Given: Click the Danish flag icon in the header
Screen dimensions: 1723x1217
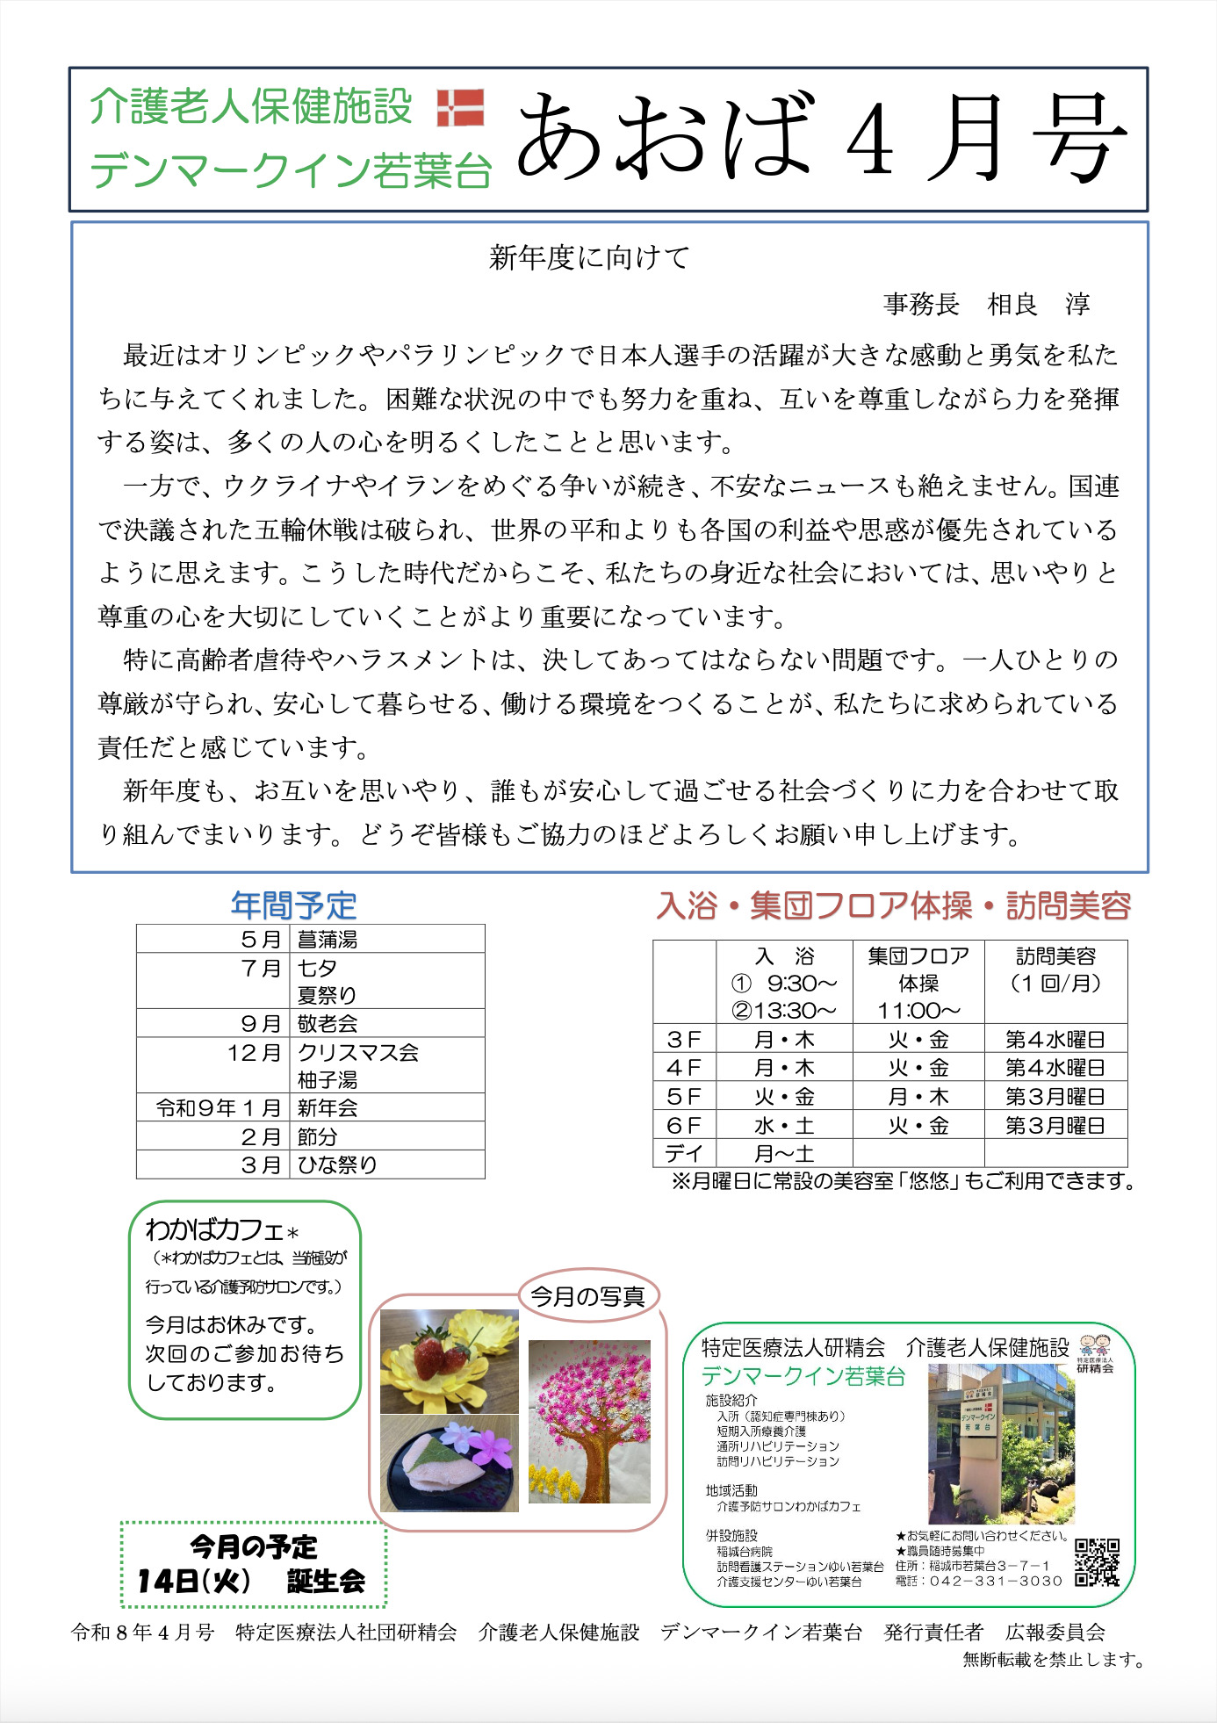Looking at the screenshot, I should (x=460, y=106).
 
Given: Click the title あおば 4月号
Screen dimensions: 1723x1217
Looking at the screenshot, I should (x=821, y=139).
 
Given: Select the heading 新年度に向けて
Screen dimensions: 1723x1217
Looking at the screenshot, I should (x=589, y=257).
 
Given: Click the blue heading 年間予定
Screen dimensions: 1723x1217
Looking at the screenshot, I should (x=293, y=905).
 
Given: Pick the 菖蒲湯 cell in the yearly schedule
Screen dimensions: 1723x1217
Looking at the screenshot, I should (x=328, y=939).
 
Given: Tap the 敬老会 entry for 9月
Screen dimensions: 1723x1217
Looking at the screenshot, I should (x=328, y=1023).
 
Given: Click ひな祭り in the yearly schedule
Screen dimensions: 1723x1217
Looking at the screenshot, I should (x=336, y=1164).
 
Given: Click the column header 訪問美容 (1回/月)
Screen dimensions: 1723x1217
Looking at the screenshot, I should (x=1055, y=970).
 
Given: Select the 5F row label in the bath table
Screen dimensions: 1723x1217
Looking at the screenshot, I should (x=684, y=1096).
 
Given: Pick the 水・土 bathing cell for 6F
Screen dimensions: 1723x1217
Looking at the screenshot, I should (x=784, y=1125).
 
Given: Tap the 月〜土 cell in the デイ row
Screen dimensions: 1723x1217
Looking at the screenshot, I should (x=784, y=1153).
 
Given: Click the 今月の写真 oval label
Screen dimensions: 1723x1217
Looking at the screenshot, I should (x=587, y=1295).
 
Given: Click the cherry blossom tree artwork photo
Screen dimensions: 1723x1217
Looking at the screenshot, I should (x=589, y=1421).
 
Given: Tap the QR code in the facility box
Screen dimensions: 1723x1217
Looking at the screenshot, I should (x=1097, y=1562).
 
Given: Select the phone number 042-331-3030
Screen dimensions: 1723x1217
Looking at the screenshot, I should (x=995, y=1581).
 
